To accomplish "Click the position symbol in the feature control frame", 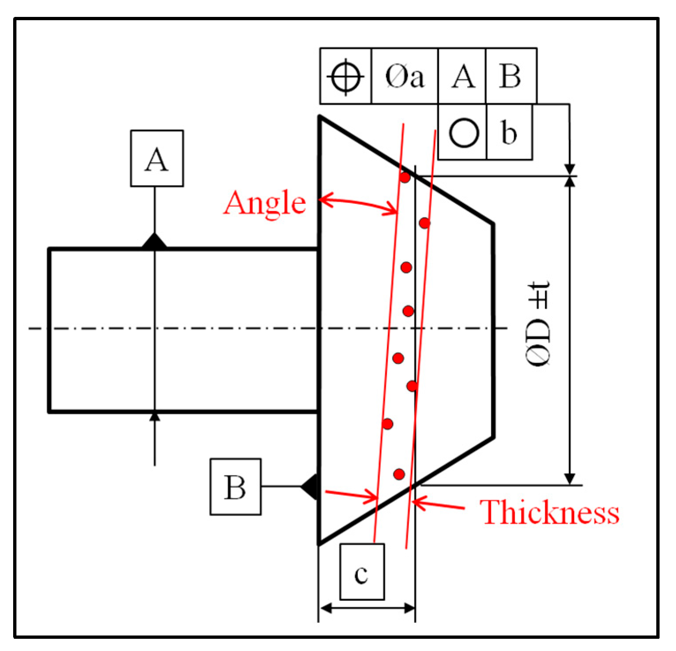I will pos(346,76).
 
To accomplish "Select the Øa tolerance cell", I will pos(404,76).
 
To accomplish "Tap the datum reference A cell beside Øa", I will pos(462,76).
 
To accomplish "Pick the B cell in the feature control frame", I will pos(511,76).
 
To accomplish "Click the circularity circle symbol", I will pos(464,132).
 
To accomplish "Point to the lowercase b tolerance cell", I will pos(509,132).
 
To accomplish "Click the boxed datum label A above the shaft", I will pos(157,158).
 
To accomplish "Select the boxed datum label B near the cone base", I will pos(235,487).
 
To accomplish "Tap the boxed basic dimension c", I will pos(362,572).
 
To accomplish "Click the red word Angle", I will pos(265,203).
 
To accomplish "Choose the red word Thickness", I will pos(549,512).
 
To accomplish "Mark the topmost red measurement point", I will pos(405,178).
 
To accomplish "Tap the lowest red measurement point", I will pos(399,474).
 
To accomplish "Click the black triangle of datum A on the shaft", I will pos(154,241).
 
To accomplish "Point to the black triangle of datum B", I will pos(311,487).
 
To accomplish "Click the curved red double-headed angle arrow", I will pos(359,203).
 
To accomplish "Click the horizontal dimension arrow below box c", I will pos(367,609).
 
